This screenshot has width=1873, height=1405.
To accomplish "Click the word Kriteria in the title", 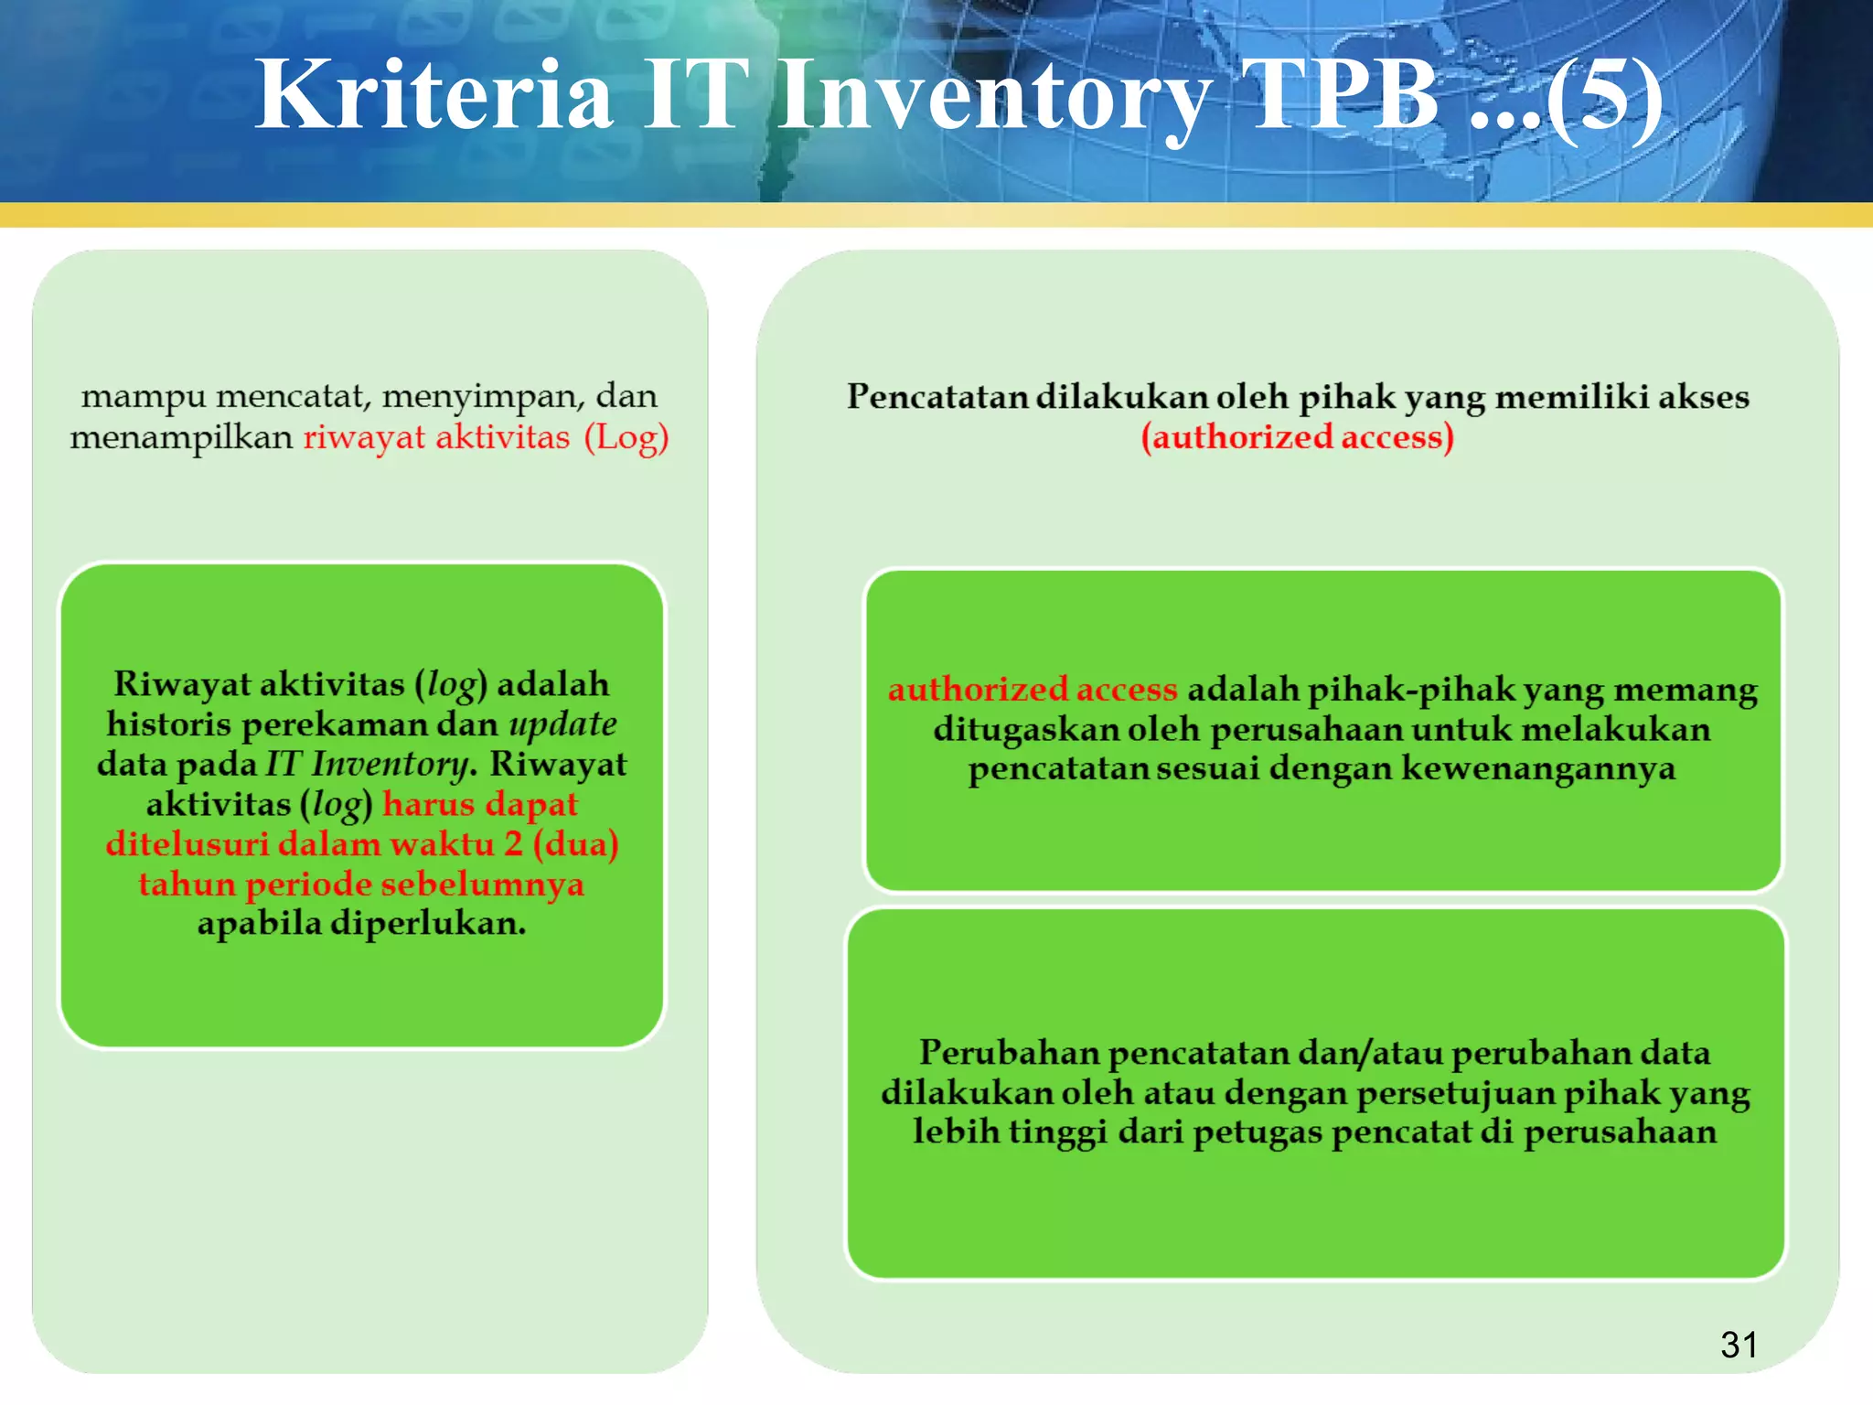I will [433, 95].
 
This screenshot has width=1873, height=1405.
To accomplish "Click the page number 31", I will [1739, 1345].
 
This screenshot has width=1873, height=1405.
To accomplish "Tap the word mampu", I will [143, 397].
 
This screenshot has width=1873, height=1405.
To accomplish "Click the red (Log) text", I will [626, 437].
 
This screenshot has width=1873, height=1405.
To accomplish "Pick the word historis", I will [168, 724].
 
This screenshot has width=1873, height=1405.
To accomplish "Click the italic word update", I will [562, 724].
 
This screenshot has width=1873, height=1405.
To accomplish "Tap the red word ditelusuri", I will [187, 843].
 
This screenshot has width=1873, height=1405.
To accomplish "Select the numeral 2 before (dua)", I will [514, 843].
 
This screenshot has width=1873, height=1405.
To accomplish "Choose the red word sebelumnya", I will [482, 884].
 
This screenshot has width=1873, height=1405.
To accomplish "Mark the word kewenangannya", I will [1538, 768].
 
